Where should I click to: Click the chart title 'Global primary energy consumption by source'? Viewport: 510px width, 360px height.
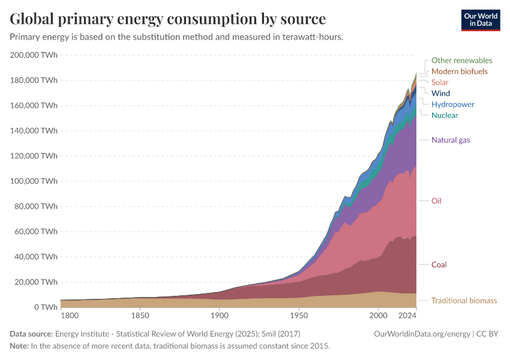point(168,19)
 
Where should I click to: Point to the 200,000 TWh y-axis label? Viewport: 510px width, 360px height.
point(34,55)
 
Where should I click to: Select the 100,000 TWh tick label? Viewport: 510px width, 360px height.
point(34,181)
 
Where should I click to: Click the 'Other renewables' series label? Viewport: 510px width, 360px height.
point(461,61)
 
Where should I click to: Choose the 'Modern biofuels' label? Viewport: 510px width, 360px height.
point(459,71)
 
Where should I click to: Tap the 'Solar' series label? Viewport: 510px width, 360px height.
point(440,82)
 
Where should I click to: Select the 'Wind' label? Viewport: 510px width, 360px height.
point(440,94)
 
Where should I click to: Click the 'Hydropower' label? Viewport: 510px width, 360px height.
point(452,104)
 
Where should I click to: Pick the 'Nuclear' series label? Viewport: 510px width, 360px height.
point(445,115)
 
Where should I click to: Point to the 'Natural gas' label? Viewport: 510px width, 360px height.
point(451,140)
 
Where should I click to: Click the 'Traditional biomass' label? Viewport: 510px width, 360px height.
point(464,301)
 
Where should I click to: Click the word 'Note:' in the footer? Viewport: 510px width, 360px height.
point(20,346)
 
